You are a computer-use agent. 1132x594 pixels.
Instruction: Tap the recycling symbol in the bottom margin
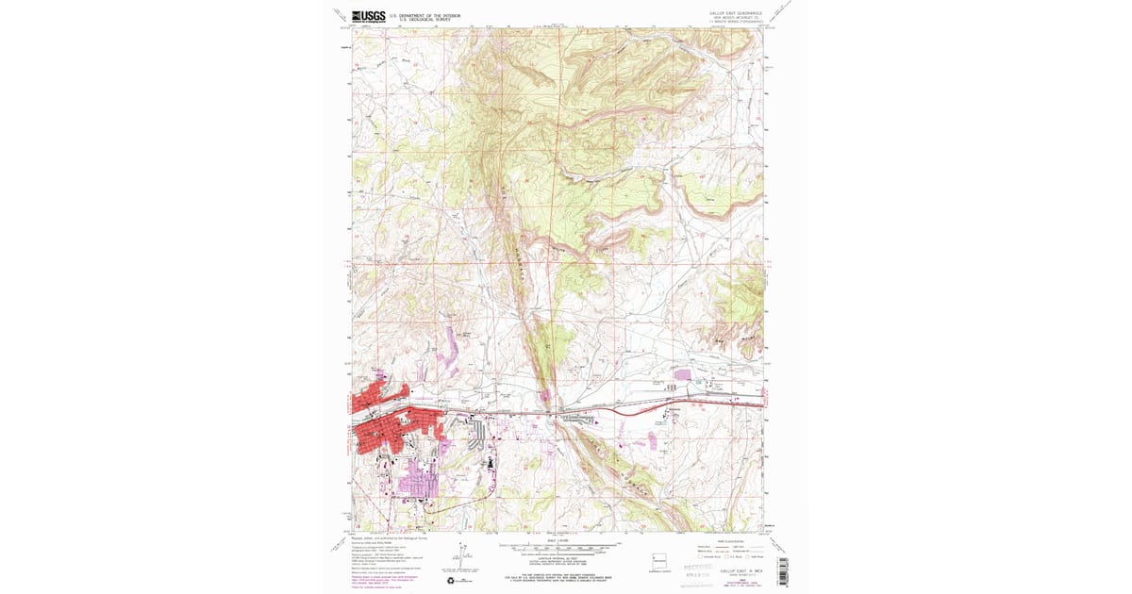pyautogui.click(x=450, y=581)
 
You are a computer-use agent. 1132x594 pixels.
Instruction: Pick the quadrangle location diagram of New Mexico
pyautogui.click(x=661, y=559)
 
